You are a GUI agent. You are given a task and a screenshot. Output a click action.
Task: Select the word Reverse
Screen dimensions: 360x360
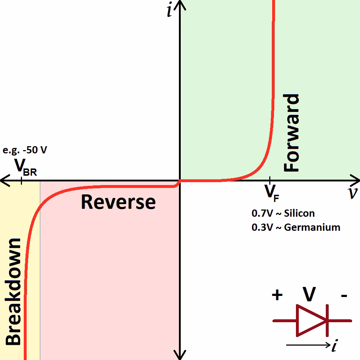point(118,202)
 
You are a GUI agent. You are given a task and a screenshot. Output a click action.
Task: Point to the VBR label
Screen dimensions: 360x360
point(25,167)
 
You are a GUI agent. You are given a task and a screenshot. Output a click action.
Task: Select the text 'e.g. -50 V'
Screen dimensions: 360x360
point(25,150)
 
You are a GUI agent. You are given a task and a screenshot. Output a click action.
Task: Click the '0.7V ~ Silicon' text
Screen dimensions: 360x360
point(283,213)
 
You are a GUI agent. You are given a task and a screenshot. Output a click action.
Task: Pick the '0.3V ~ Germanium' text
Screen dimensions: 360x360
point(296,228)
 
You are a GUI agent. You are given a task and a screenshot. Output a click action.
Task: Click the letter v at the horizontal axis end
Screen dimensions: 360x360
point(353,193)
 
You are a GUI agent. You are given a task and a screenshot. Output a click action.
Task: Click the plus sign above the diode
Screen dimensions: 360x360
point(277,295)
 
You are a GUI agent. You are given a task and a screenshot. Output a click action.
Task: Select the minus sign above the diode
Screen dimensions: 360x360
point(344,296)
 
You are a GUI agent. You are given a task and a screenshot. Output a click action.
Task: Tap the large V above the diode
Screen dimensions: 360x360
point(309,294)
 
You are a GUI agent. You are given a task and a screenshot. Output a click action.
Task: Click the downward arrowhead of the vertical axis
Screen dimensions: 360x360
point(180,356)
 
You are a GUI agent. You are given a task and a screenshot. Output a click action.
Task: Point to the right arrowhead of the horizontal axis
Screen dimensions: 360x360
point(356,180)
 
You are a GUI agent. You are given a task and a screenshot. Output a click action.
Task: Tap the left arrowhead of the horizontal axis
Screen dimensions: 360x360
point(4,180)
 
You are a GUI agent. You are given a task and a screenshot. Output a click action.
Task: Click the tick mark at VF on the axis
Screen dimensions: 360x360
point(270,180)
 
